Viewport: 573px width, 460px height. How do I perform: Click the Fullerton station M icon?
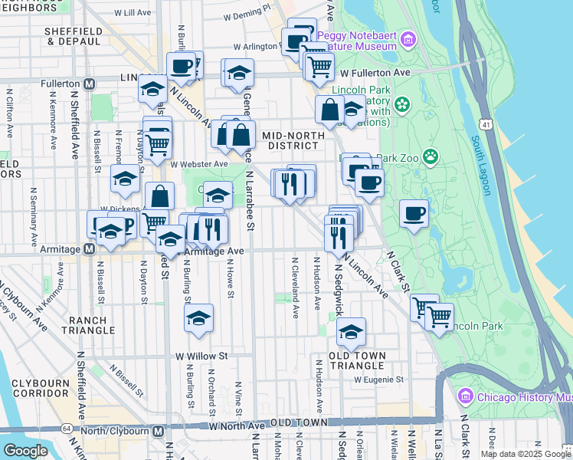(90, 83)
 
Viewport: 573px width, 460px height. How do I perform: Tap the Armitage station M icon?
(90, 248)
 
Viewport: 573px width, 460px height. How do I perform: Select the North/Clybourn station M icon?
(158, 431)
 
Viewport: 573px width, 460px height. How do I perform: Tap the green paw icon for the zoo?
(431, 157)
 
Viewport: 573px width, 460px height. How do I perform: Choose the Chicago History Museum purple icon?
(464, 396)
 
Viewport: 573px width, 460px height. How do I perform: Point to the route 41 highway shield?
(487, 123)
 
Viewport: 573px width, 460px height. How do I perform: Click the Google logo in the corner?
(25, 450)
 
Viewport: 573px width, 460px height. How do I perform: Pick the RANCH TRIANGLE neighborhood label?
(91, 325)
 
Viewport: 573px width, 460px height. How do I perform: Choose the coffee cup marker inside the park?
(414, 215)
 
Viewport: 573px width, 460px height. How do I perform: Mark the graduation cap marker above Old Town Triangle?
(351, 331)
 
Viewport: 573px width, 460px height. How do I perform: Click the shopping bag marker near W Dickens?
(159, 196)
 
